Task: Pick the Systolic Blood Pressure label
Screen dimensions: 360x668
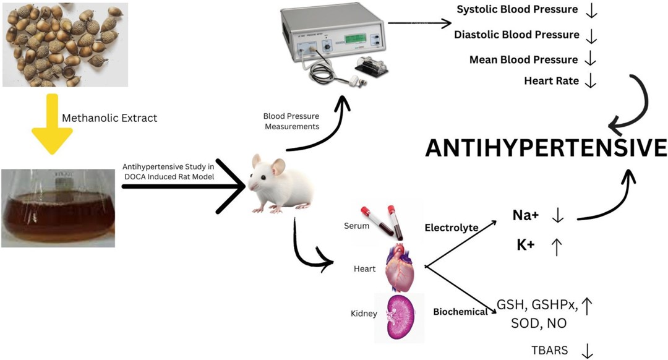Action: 516,10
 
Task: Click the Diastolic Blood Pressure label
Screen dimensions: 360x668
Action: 516,35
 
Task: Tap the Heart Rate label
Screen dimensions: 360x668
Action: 551,81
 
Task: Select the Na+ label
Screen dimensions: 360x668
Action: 526,215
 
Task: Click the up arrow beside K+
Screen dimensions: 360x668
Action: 556,246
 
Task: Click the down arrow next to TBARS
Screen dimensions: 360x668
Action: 587,350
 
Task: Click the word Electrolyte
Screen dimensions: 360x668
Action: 452,228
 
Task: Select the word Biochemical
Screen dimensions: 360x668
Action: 460,312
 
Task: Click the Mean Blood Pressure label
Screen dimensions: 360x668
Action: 523,59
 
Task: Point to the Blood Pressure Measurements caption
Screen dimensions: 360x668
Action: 291,121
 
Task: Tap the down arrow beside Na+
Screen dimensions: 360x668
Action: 557,215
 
